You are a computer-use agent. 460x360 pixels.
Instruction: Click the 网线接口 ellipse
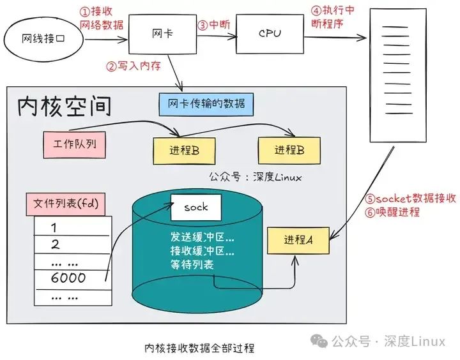click(x=43, y=39)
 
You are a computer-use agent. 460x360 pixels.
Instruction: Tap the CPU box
click(x=269, y=33)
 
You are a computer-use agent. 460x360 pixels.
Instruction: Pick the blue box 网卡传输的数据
click(x=206, y=103)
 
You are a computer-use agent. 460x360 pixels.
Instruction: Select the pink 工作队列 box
click(x=72, y=144)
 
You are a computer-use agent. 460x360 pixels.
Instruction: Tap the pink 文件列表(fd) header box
click(x=66, y=205)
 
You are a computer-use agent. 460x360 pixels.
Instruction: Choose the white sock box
click(x=197, y=208)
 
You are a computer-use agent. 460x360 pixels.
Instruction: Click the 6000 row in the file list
click(x=68, y=278)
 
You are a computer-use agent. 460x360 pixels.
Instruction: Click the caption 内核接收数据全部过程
click(x=199, y=349)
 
